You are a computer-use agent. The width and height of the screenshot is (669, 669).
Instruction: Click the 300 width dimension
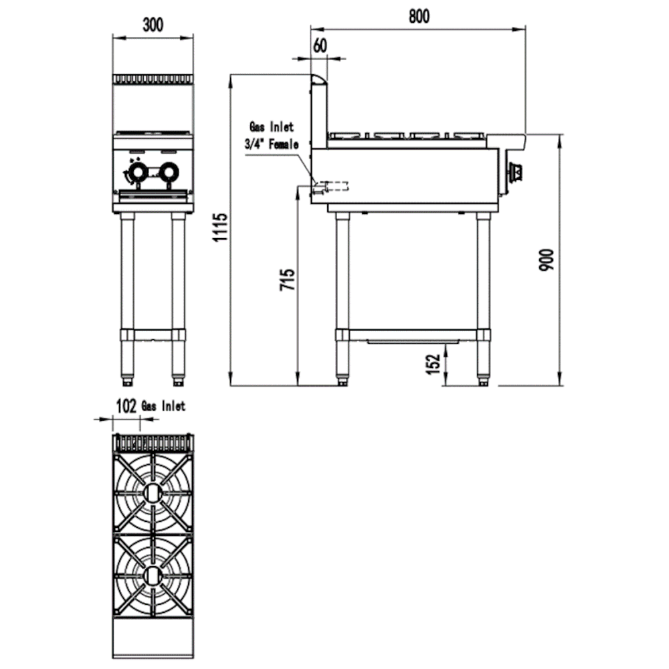coord(153,25)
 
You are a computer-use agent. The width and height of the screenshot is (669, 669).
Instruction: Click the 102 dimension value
coord(126,406)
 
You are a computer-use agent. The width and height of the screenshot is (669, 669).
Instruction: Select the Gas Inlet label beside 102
coord(164,406)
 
